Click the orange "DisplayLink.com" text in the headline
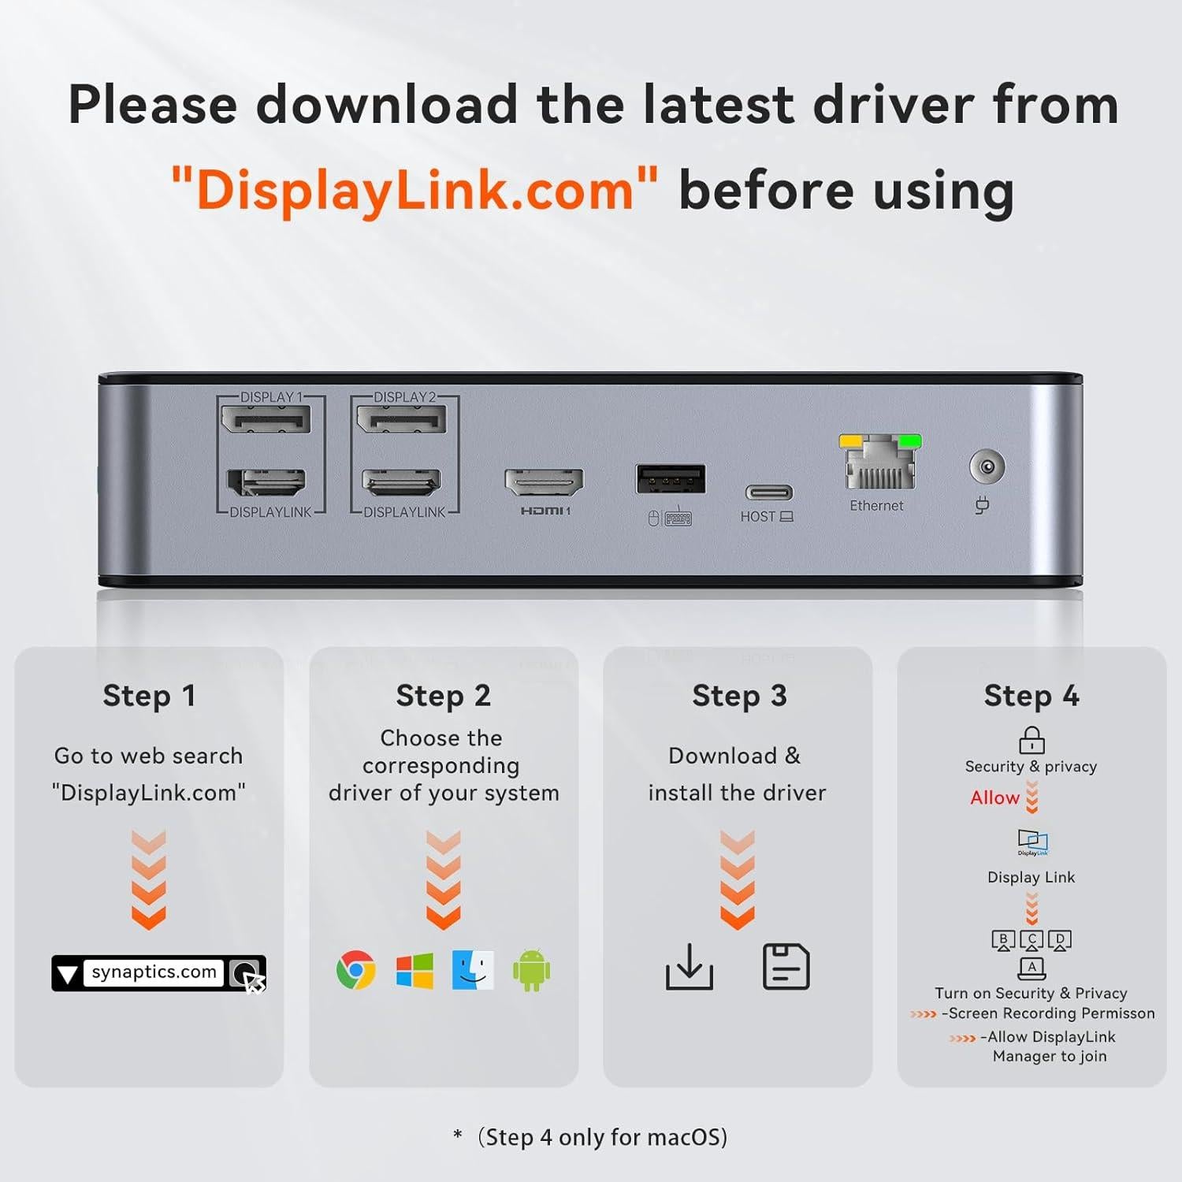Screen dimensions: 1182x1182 (x=414, y=191)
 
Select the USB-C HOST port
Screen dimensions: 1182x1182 (x=769, y=493)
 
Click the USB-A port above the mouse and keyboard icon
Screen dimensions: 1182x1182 (x=671, y=478)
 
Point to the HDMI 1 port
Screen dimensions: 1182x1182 (x=544, y=481)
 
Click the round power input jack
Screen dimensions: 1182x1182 (x=987, y=467)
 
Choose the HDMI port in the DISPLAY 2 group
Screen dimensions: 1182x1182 (x=401, y=481)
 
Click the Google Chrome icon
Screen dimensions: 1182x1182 (x=356, y=970)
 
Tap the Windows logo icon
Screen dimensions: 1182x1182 (x=414, y=970)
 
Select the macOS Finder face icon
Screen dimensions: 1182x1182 (x=473, y=970)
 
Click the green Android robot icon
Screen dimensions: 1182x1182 (x=532, y=970)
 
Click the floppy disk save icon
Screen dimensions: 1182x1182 (x=786, y=966)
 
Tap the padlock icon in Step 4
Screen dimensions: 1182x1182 (x=1031, y=740)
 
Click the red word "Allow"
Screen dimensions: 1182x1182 (x=994, y=797)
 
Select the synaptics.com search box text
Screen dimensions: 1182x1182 (x=154, y=972)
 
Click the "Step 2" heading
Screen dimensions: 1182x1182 (x=443, y=696)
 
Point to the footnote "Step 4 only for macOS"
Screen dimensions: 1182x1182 (x=602, y=1137)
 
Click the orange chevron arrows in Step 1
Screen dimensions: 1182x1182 (x=149, y=879)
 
